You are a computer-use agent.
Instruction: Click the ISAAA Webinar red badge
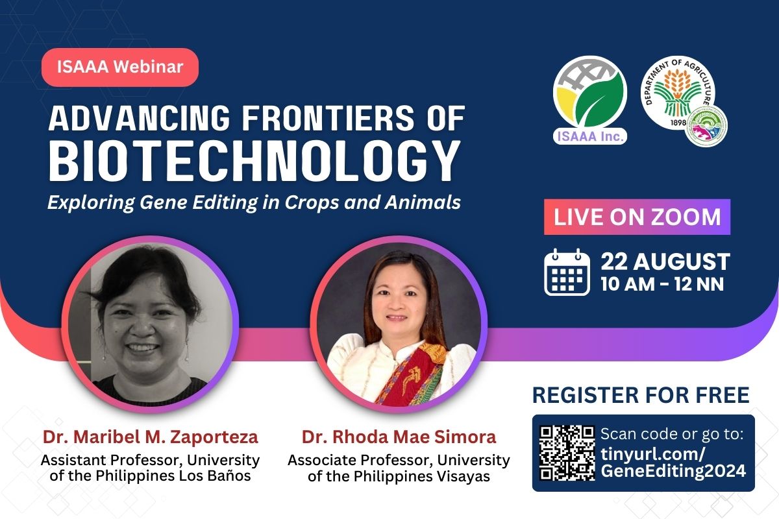[x=120, y=67]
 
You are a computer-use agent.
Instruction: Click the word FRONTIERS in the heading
[x=328, y=118]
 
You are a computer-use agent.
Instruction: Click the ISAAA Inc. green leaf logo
[x=590, y=100]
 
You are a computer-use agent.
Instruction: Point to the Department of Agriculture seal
[x=678, y=93]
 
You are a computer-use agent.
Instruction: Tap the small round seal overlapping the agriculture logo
[x=707, y=125]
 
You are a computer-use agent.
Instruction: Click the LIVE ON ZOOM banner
[x=637, y=217]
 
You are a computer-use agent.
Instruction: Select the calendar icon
[x=567, y=272]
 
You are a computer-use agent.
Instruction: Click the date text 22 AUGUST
[x=665, y=261]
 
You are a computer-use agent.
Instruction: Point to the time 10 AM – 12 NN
[x=662, y=284]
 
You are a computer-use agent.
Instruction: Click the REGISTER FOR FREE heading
[x=641, y=395]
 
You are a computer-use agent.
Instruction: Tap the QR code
[x=567, y=453]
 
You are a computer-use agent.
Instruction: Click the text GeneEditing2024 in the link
[x=673, y=471]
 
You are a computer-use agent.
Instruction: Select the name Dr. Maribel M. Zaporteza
[x=150, y=437]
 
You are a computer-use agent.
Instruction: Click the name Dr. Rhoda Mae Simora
[x=399, y=437]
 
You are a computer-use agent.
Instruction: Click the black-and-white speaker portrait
[x=150, y=324]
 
